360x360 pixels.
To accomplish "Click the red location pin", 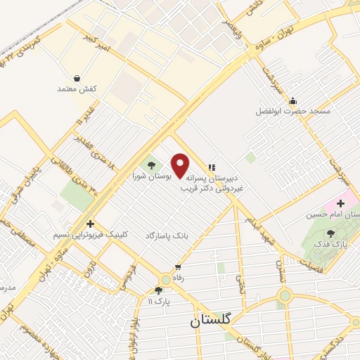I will point(180,165).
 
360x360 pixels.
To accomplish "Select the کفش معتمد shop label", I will point(76,89).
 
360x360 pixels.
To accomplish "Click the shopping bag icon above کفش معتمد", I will point(76,78).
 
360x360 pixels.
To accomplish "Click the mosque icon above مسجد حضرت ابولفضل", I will point(292,101).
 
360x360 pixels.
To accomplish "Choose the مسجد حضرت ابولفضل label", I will point(292,111).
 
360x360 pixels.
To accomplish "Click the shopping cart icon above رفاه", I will point(178,266).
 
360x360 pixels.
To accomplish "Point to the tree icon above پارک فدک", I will point(331,233).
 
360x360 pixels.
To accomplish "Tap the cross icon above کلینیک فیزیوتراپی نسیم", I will point(90,223).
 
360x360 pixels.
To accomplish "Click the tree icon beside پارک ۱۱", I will point(158,290).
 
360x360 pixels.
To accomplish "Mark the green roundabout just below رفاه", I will point(165,278).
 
